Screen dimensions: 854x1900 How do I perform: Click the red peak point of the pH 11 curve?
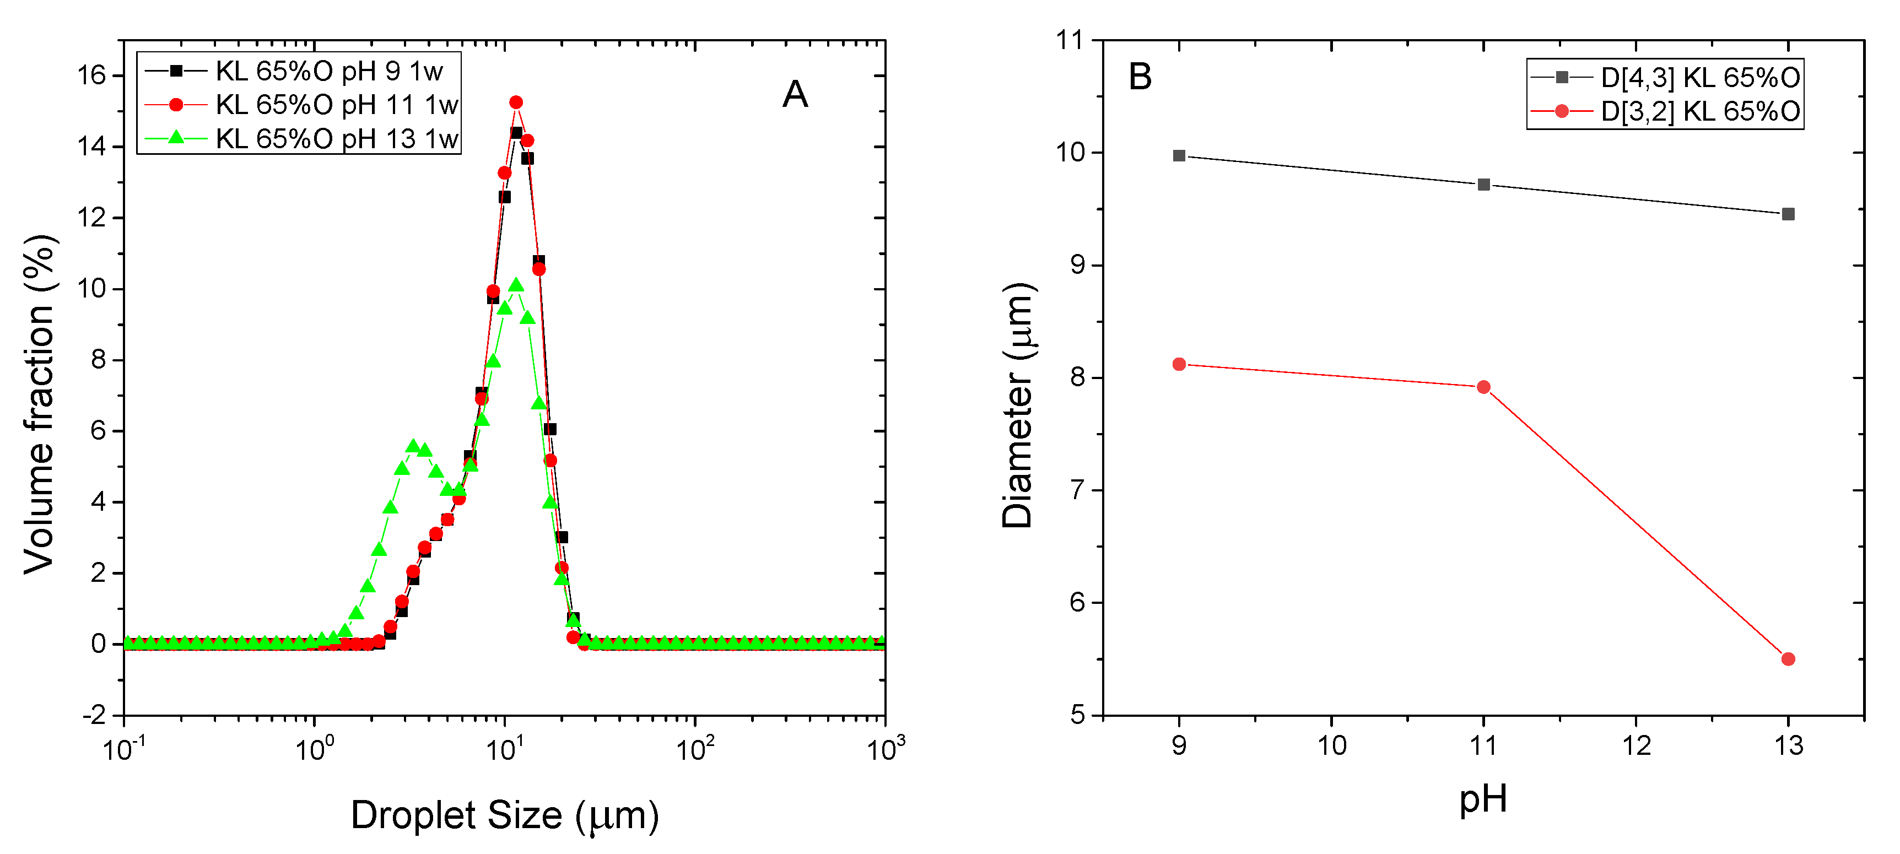516,102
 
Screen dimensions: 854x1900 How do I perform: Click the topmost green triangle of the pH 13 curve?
516,285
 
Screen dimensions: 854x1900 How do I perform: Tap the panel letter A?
795,94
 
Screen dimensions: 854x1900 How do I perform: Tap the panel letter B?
1140,77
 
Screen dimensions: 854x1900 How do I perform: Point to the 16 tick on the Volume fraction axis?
92,75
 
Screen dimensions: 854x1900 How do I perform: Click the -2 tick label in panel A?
94,715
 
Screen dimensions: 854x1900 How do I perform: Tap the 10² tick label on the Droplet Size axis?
695,749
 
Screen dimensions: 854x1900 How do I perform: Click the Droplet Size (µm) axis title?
505,815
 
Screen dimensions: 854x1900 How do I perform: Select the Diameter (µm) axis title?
1018,406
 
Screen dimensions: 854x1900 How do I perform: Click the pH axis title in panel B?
1482,799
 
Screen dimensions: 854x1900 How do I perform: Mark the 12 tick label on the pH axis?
1636,745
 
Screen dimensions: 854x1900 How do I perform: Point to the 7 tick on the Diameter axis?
1078,490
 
